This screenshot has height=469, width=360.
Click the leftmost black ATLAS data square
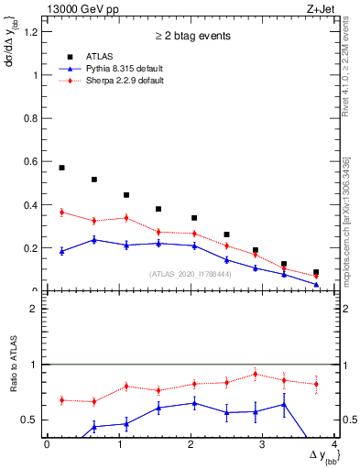click(x=61, y=168)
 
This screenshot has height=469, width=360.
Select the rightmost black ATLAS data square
click(x=316, y=273)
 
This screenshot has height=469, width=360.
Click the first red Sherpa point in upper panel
click(x=61, y=213)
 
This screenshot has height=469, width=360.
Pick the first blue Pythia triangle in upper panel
click(x=61, y=251)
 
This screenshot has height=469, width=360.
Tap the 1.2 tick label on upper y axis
click(x=31, y=32)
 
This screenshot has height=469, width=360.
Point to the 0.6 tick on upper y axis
click(x=31, y=162)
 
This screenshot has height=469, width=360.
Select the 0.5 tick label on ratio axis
click(x=31, y=420)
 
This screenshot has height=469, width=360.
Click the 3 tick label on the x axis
click(x=263, y=444)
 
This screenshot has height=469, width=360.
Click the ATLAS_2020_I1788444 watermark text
click(x=191, y=274)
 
